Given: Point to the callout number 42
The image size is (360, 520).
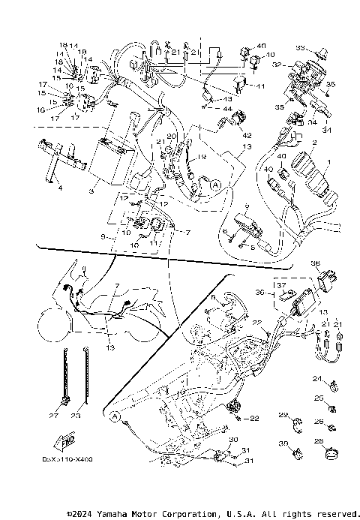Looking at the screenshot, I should tap(247, 135).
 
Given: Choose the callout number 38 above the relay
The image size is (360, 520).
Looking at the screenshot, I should tap(315, 263).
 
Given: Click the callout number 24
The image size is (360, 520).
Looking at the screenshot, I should tap(316, 378).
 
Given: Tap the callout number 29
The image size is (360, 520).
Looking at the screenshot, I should tap(283, 415).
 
